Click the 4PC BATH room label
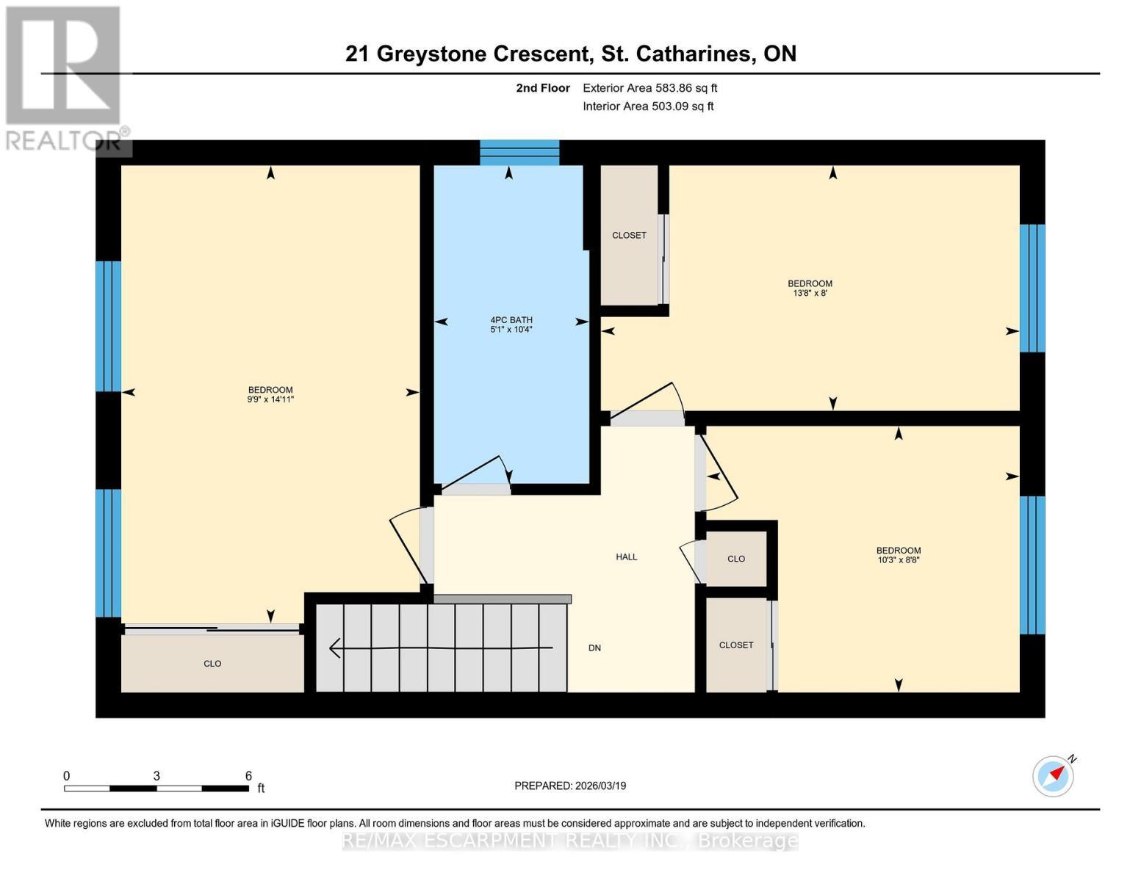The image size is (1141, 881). click(x=511, y=320)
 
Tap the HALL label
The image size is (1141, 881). click(x=626, y=557)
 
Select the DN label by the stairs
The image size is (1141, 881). click(x=594, y=648)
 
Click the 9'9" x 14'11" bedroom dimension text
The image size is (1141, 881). click(x=270, y=400)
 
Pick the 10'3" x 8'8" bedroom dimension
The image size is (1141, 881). click(x=898, y=560)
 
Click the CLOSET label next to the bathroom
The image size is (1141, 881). click(x=629, y=236)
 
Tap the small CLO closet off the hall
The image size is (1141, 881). click(x=735, y=559)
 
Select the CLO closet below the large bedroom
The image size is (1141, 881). click(x=212, y=664)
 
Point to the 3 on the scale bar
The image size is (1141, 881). click(x=156, y=776)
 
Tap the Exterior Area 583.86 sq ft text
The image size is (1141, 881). click(x=649, y=88)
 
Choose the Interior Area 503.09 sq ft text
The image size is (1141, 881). click(x=648, y=106)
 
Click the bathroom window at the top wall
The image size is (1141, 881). click(x=519, y=153)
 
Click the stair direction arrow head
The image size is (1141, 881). click(x=334, y=648)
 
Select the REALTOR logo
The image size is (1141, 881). click(x=64, y=77)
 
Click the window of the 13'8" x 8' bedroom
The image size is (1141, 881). click(x=1032, y=288)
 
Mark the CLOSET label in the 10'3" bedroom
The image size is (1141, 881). click(x=735, y=645)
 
